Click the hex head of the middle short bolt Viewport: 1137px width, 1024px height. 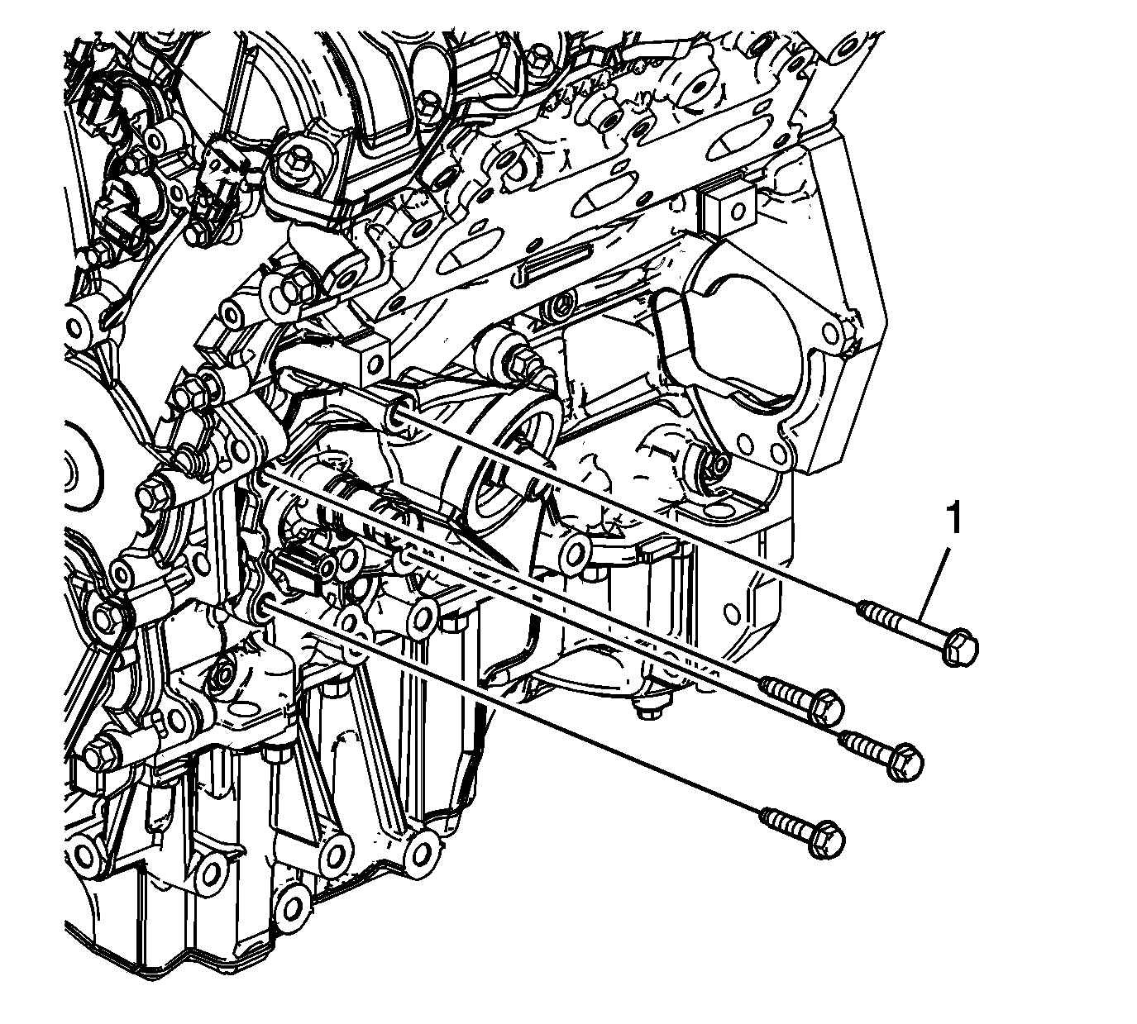[905, 761]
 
